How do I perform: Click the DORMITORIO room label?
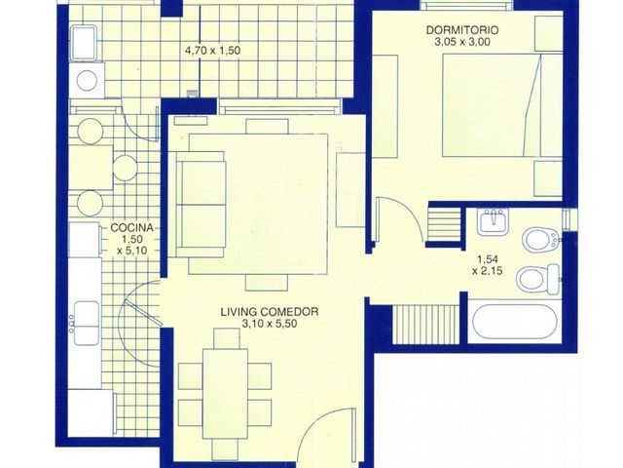coord(462,30)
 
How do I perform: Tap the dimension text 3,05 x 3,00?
coord(462,42)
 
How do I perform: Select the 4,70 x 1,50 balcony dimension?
coord(212,51)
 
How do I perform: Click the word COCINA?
coord(131,227)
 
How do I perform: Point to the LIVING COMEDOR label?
coord(270,312)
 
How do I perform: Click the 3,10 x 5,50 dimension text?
coord(270,324)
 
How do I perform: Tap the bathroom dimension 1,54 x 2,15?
coord(487,265)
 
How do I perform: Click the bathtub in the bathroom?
coord(515,322)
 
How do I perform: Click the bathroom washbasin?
coord(493,221)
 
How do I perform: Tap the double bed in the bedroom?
coord(502,105)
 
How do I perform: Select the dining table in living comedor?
coord(225,393)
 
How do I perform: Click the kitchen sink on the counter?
coord(86,323)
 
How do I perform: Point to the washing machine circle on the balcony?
coord(87,81)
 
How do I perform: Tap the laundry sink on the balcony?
coord(84,42)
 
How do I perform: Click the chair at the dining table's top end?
coord(227,338)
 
